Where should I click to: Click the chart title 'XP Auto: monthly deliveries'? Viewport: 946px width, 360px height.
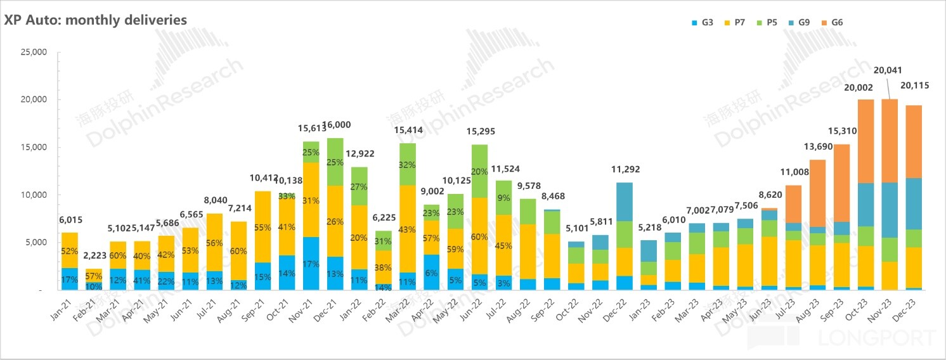click(x=96, y=20)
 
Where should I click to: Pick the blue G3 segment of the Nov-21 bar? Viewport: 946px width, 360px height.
click(x=311, y=264)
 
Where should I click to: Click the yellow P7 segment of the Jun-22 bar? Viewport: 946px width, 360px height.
click(x=481, y=236)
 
